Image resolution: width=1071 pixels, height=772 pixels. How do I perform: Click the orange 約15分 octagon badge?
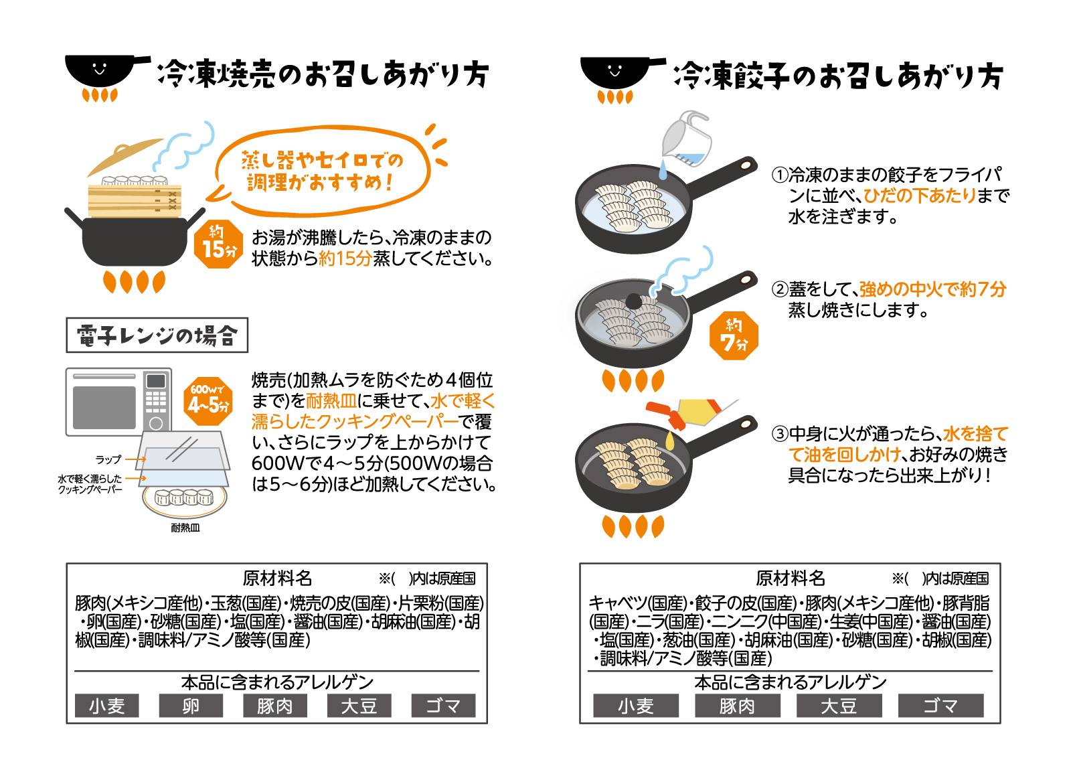pyautogui.click(x=218, y=244)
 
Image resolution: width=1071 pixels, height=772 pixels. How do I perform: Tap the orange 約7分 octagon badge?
pyautogui.click(x=734, y=335)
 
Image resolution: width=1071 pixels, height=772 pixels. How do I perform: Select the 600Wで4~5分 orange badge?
pyautogui.click(x=208, y=401)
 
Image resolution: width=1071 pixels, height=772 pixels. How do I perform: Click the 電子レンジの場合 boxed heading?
pyautogui.click(x=157, y=335)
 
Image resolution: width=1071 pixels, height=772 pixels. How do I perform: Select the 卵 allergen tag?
pyautogui.click(x=191, y=706)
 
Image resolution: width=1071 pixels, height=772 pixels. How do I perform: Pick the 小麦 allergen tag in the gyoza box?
pyautogui.click(x=635, y=706)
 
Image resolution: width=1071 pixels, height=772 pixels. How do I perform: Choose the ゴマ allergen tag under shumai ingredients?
pyautogui.click(x=443, y=706)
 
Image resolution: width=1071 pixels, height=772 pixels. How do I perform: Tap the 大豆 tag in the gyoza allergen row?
pyautogui.click(x=839, y=706)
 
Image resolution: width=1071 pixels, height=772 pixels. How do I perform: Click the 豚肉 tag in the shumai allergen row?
pyautogui.click(x=275, y=706)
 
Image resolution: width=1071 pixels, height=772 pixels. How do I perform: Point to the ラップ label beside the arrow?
pyautogui.click(x=108, y=459)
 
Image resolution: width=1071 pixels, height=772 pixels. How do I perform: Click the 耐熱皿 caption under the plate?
pyautogui.click(x=185, y=528)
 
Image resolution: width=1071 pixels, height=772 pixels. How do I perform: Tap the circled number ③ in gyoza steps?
pyautogui.click(x=780, y=434)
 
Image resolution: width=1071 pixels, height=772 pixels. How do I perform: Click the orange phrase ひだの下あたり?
pyautogui.click(x=920, y=196)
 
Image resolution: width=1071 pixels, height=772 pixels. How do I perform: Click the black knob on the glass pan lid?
pyautogui.click(x=634, y=301)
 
